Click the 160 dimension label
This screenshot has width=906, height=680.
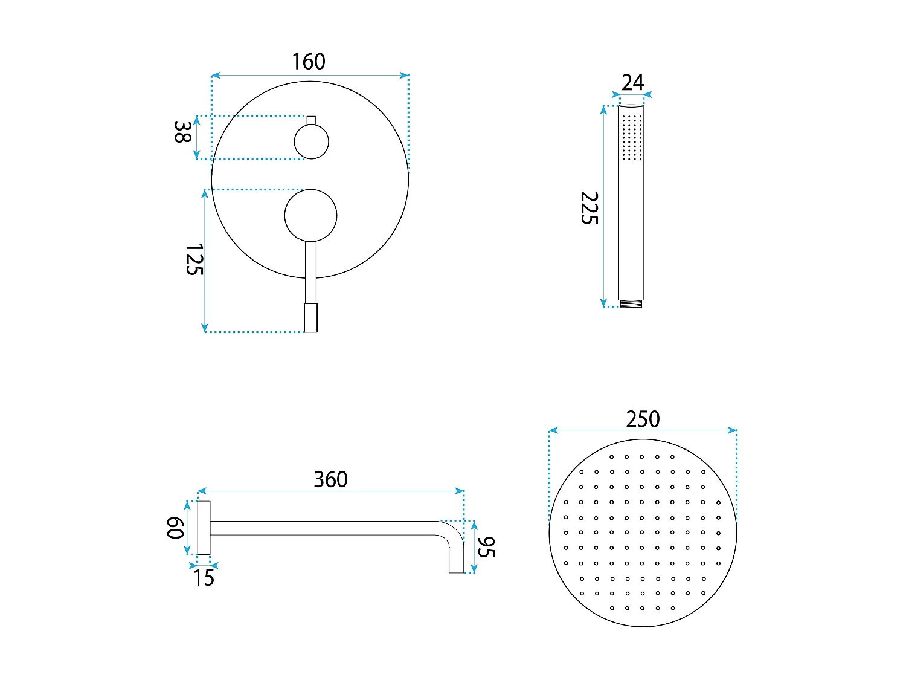[308, 62]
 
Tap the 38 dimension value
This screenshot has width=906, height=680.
[182, 132]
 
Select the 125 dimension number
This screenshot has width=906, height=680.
[194, 259]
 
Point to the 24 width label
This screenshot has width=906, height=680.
[632, 83]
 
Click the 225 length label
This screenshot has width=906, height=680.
[589, 208]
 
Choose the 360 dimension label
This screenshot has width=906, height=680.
[330, 479]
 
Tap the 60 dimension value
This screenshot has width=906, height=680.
[175, 528]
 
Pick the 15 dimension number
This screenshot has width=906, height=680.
[204, 578]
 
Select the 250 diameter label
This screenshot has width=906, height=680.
[643, 419]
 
